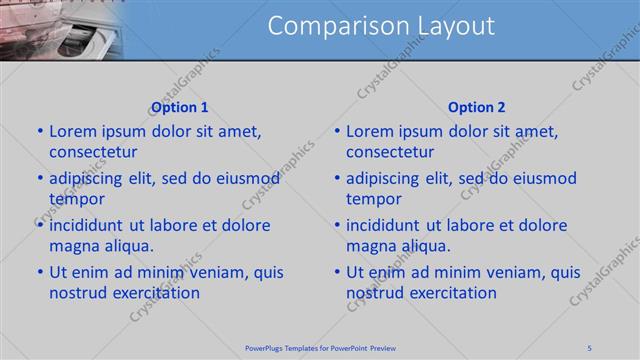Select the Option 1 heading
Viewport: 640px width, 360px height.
(x=179, y=107)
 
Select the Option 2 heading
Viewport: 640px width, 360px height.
(x=477, y=107)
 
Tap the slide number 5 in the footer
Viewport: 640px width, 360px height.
(x=589, y=348)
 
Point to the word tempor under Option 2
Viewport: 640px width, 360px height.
(x=373, y=199)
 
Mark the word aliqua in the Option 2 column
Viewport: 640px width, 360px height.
(x=424, y=246)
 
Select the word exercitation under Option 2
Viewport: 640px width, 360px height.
(x=450, y=293)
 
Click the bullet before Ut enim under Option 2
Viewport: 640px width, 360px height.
(x=337, y=272)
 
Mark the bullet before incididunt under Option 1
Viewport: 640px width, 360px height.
(x=40, y=225)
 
